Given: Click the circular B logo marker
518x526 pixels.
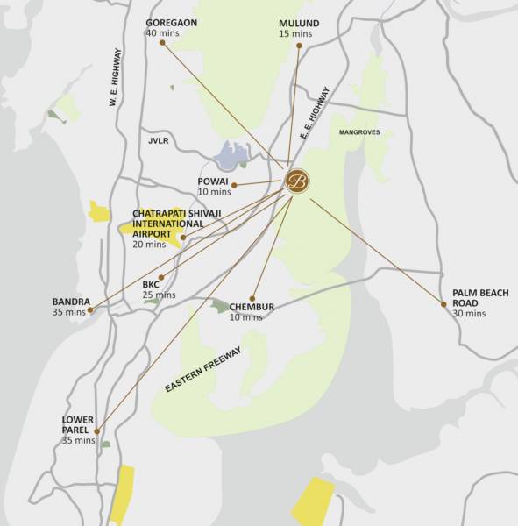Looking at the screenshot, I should (297, 181).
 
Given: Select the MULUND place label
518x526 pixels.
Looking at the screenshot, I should (299, 23).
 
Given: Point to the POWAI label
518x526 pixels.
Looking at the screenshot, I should (213, 181).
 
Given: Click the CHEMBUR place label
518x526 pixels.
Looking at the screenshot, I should (252, 307).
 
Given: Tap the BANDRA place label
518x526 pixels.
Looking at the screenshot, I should (71, 302).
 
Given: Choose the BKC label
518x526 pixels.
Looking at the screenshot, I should (150, 284).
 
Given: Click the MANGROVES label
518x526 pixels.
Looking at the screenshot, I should (359, 132).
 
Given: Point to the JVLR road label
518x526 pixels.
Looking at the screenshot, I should (158, 140).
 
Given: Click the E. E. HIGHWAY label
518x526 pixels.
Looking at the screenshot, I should (315, 113).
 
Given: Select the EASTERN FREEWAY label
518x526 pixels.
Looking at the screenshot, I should (203, 369).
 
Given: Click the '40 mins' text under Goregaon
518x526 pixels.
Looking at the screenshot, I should (163, 33).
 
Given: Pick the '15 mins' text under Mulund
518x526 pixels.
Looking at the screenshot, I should (295, 33).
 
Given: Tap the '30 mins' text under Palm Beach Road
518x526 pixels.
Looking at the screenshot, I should (469, 313).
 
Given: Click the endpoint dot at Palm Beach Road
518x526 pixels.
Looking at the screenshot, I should (443, 304).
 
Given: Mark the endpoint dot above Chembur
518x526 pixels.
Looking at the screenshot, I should (252, 298).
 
